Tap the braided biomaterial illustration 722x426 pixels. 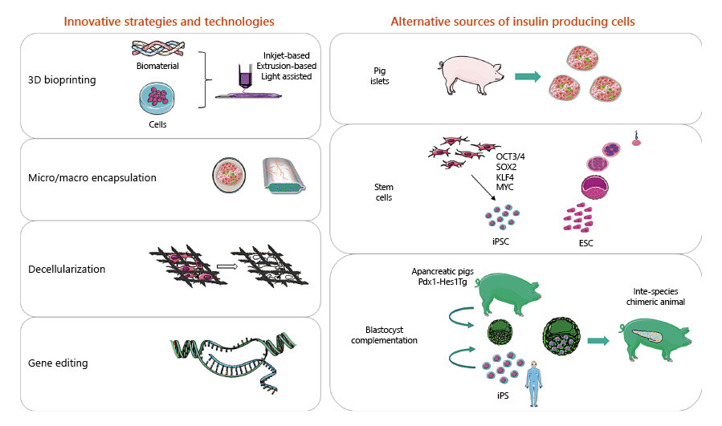[157, 48]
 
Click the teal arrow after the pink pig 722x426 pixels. [527, 76]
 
